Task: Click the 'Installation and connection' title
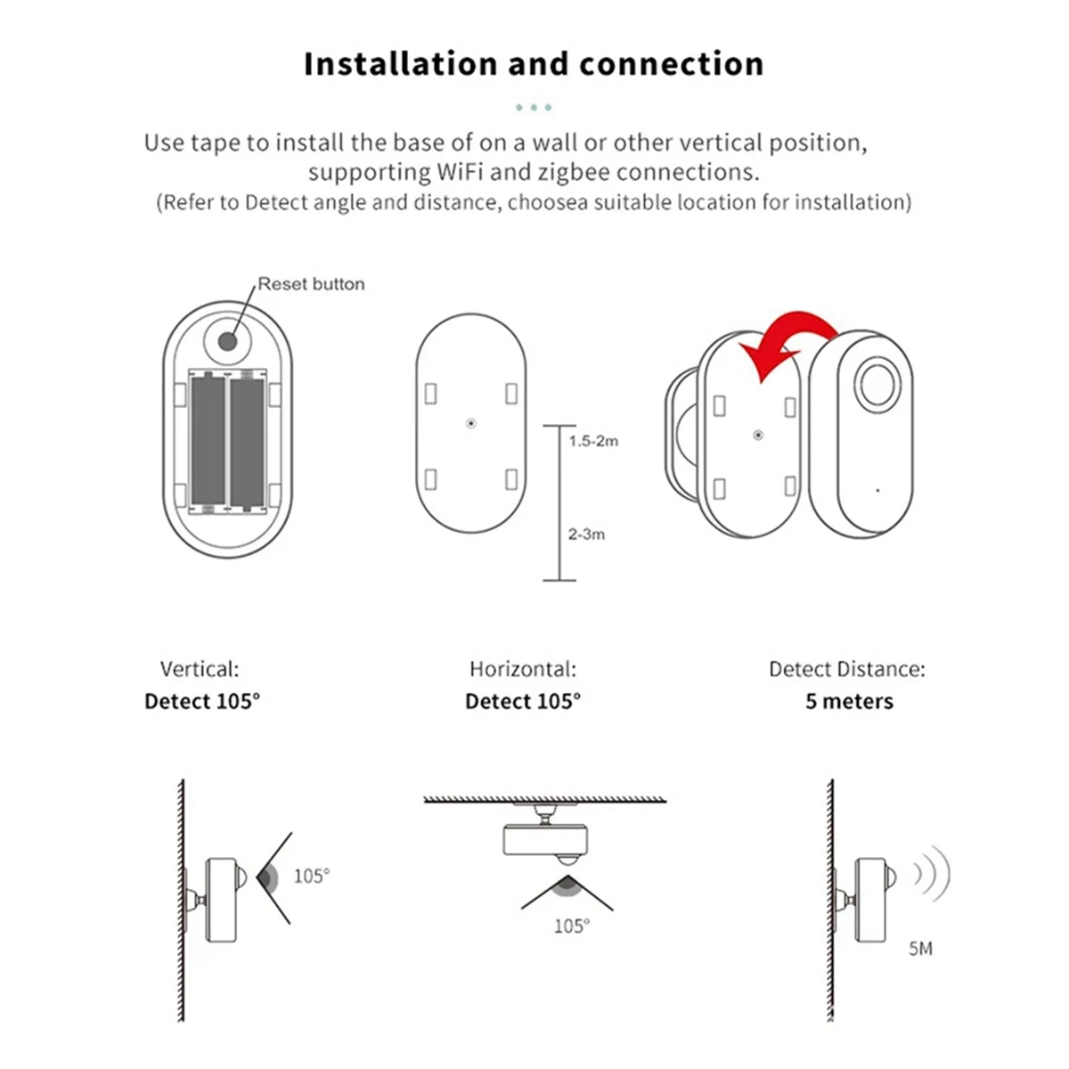point(534,64)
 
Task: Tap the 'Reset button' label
point(311,284)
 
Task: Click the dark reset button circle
point(227,340)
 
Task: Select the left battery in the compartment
point(207,442)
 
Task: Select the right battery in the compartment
point(247,442)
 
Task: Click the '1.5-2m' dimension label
point(593,441)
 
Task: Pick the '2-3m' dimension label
point(586,534)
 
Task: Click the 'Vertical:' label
point(200,669)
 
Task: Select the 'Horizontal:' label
point(523,669)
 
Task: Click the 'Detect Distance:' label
point(847,669)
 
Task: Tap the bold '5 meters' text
point(849,702)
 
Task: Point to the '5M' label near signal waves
point(920,949)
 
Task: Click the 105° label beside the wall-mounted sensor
point(312,877)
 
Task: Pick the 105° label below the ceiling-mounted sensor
point(571,926)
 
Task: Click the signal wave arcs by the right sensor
point(932,874)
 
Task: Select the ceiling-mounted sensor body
point(547,840)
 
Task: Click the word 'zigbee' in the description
point(568,172)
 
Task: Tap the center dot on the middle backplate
point(471,423)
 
